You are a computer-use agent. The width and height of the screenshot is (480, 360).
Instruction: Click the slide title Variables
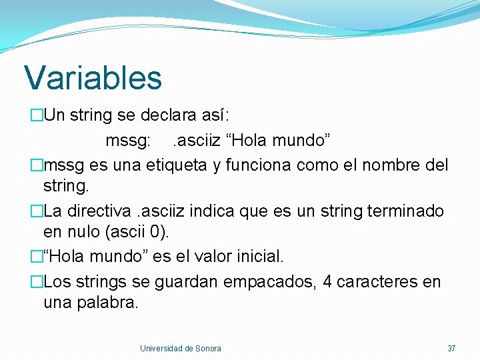pyautogui.click(x=93, y=77)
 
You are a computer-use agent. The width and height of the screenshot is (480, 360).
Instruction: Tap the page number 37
pyautogui.click(x=451, y=348)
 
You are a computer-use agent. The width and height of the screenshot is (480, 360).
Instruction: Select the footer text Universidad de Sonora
pyautogui.click(x=180, y=348)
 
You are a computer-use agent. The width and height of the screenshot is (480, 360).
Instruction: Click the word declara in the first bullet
pyautogui.click(x=167, y=115)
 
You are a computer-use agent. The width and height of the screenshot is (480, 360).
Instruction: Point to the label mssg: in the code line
pyautogui.click(x=128, y=141)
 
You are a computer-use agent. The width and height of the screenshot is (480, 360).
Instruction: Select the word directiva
pyautogui.click(x=97, y=211)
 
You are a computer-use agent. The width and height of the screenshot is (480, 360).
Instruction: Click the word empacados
pyautogui.click(x=270, y=282)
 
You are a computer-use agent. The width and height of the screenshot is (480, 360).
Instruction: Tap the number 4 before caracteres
pyautogui.click(x=327, y=282)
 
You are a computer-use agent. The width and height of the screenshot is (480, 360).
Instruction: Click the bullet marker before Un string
pyautogui.click(x=36, y=115)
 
